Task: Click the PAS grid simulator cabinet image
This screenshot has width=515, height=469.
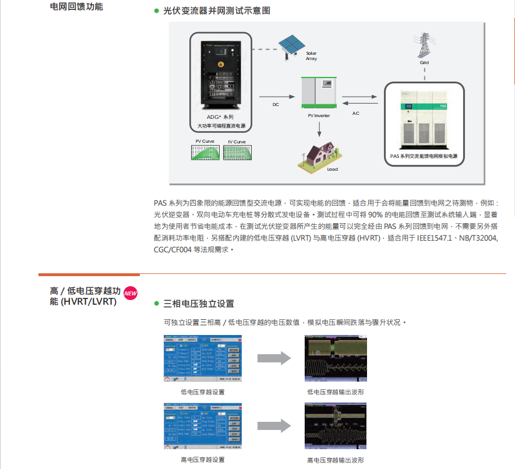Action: click(424, 119)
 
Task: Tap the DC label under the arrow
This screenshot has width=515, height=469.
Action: click(276, 105)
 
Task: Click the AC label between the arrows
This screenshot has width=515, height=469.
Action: click(356, 113)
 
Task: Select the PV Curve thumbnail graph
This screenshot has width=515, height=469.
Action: click(206, 153)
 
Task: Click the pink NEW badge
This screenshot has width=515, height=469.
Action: click(130, 293)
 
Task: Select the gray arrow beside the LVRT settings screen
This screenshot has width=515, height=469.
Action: click(274, 358)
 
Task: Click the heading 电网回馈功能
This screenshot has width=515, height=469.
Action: click(79, 7)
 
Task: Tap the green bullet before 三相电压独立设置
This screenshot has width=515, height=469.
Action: click(156, 304)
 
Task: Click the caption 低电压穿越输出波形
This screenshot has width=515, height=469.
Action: click(336, 392)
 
